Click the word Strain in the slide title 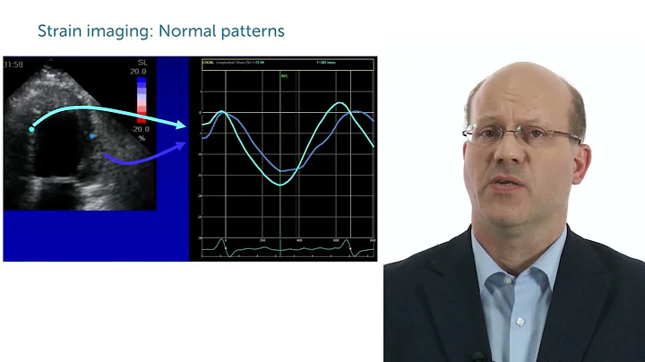(57, 31)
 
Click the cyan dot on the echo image (31, 129)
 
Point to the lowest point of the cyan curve (280, 185)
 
